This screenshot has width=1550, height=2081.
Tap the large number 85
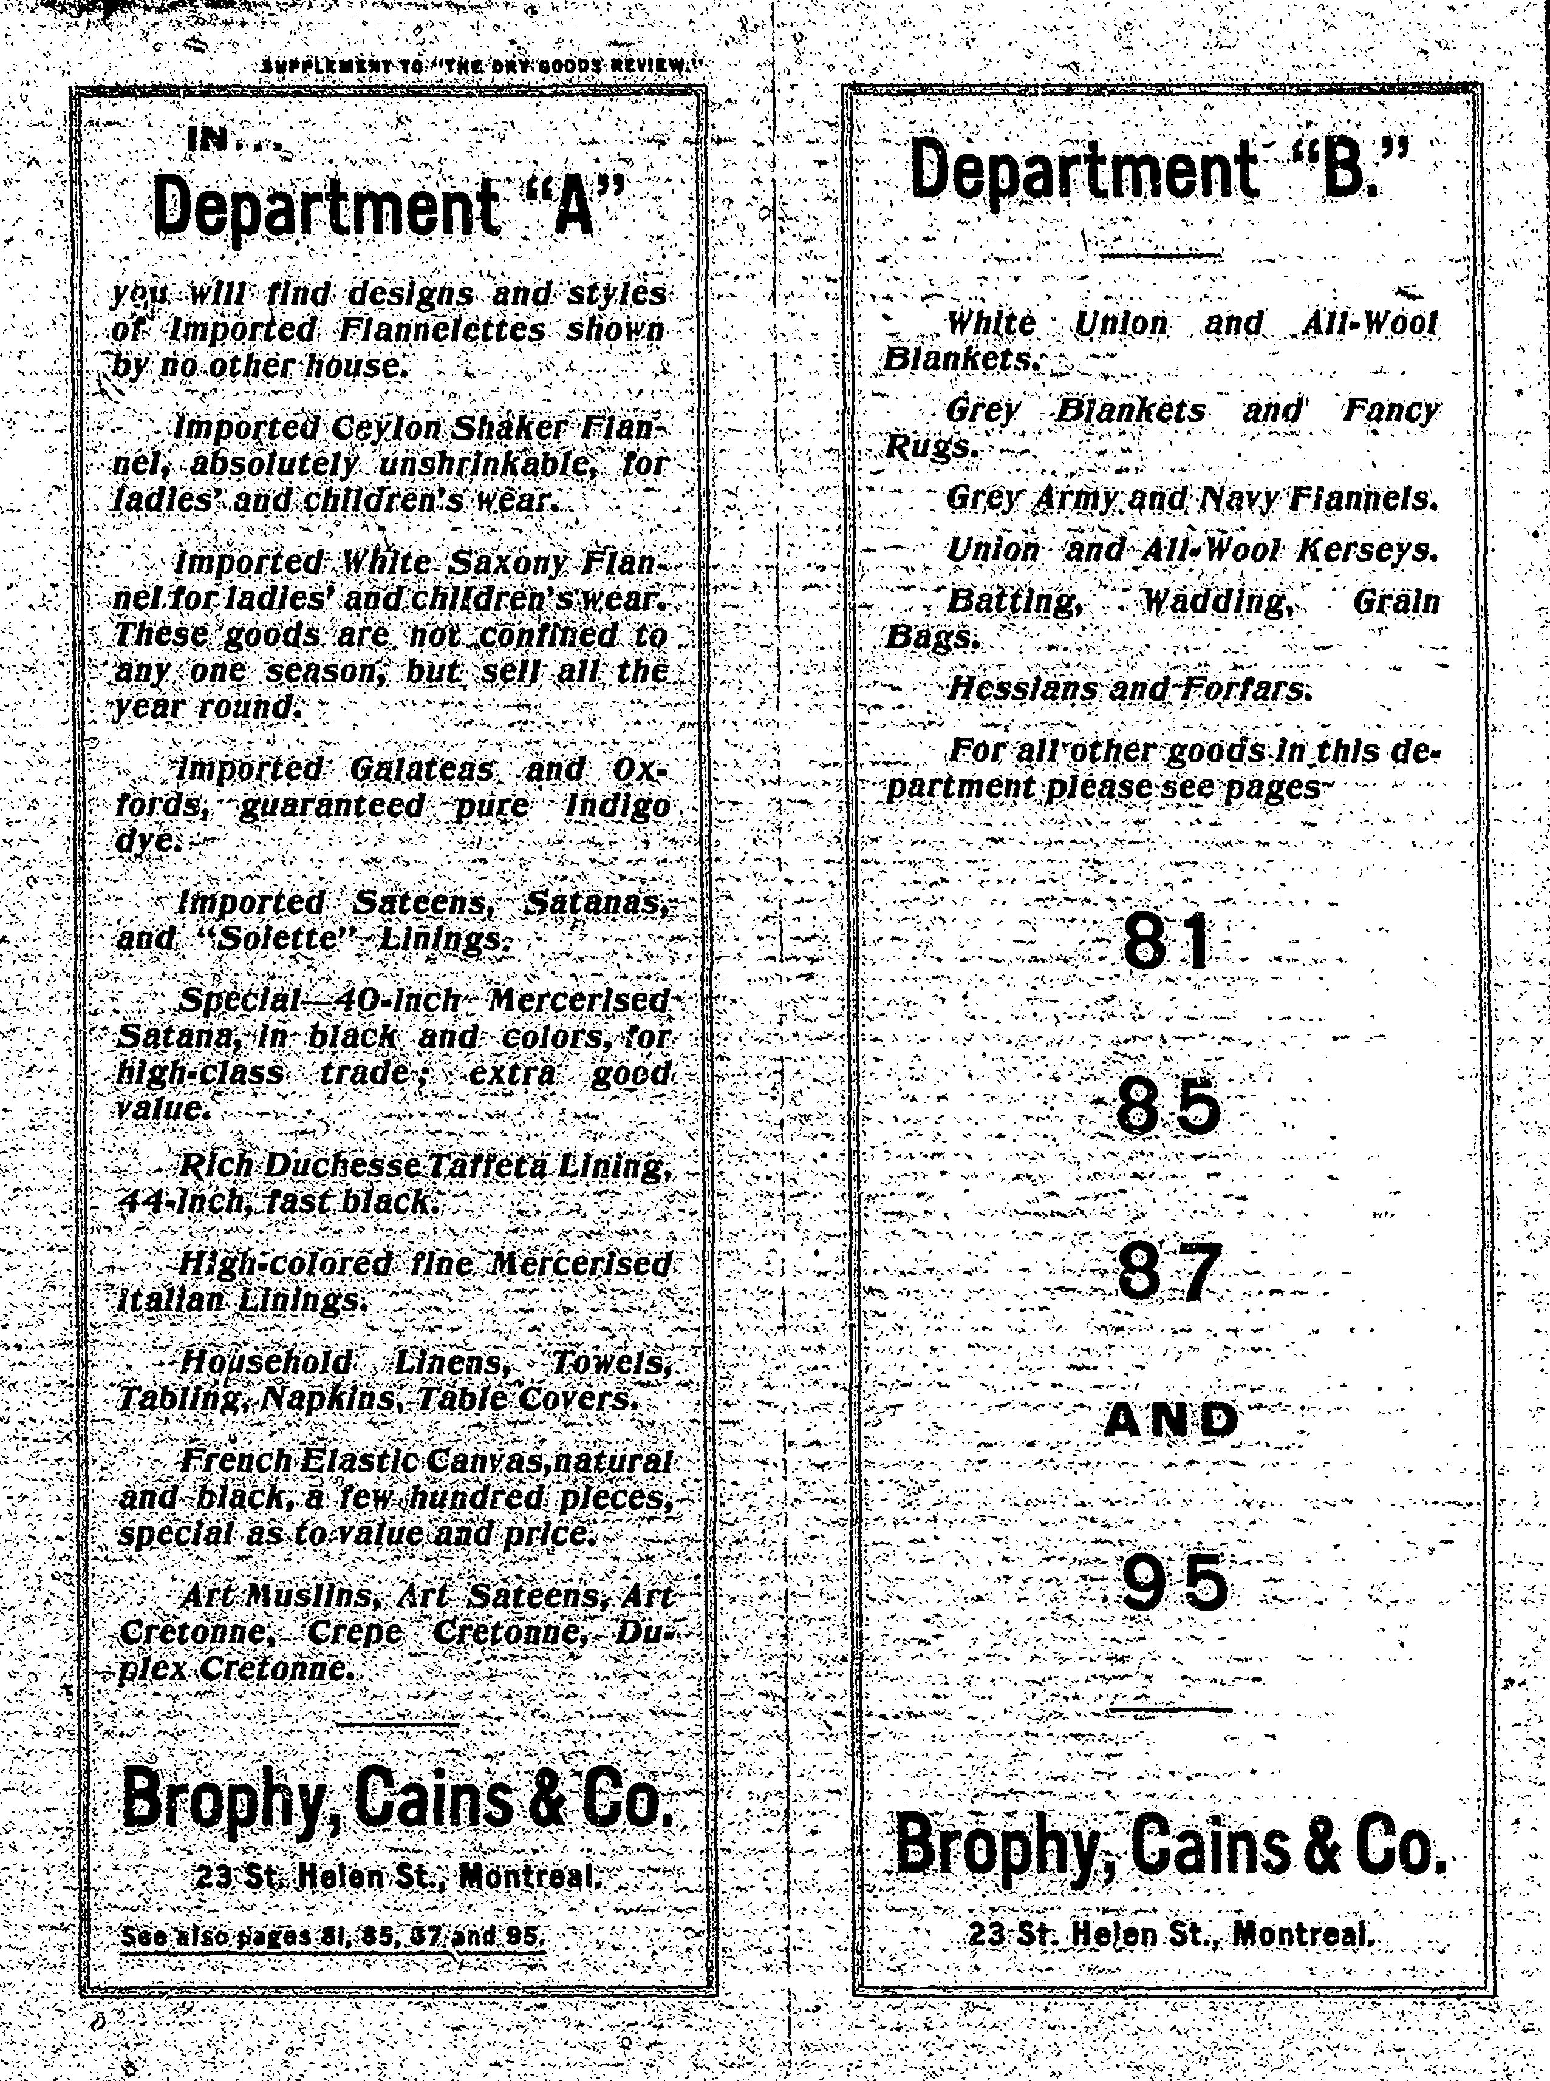1169,1107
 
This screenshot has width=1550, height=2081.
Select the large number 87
1169,1272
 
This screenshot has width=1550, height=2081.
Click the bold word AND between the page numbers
1171,1420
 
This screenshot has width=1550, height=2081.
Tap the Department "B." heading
1161,169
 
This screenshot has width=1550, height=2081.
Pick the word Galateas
422,769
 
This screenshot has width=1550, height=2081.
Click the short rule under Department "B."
1161,256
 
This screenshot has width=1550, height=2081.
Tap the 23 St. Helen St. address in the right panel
1172,1933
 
